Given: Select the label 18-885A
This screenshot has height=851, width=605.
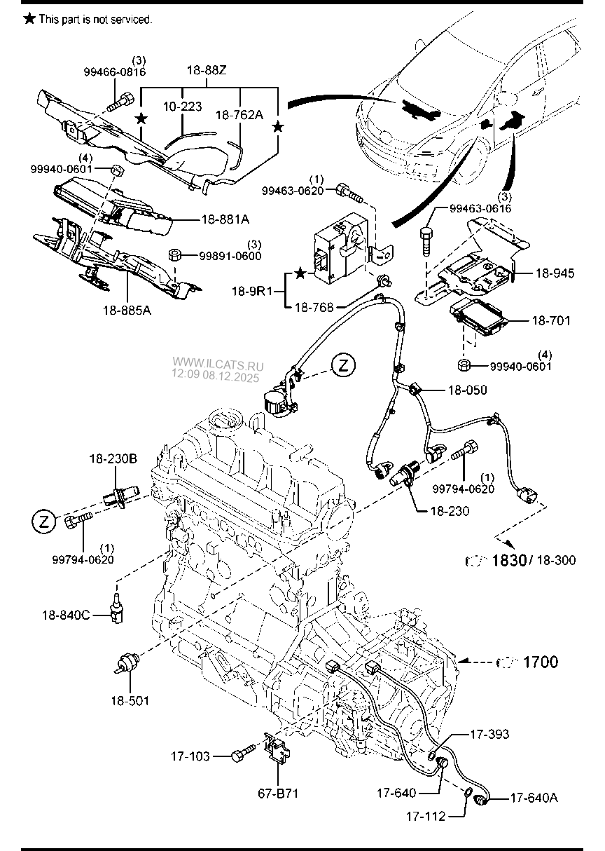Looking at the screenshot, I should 127,310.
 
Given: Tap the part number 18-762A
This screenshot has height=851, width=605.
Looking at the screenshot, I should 239,114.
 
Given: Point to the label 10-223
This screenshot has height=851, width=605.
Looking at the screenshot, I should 183,107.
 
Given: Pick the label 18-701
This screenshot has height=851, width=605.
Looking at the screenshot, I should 551,321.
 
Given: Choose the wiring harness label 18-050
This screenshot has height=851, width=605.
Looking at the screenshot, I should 468,390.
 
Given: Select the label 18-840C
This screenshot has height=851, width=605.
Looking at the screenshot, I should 64,615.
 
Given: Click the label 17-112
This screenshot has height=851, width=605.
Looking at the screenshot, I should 426,817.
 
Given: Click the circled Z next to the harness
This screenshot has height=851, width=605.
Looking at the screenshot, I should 344,365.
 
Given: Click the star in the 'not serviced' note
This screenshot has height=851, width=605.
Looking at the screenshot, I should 29,19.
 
